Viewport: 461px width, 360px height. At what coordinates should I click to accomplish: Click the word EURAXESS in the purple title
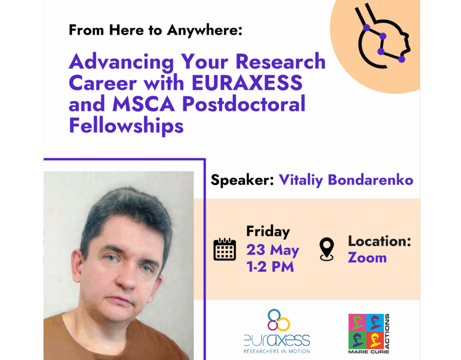coord(247,83)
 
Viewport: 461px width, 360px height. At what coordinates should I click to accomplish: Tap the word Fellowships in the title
coord(126,126)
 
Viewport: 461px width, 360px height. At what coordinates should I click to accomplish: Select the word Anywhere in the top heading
coord(205,31)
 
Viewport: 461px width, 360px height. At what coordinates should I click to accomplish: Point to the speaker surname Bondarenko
coord(370,180)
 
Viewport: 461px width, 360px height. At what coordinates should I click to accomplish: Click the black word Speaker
coord(242,180)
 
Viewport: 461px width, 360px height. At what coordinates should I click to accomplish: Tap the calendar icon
coord(225,249)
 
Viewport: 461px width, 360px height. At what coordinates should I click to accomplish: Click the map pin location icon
coord(327,249)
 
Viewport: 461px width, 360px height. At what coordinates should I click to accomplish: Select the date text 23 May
coord(273,250)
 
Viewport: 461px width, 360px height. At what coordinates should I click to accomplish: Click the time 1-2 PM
coord(270,267)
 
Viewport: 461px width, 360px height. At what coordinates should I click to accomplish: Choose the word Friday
coord(268,231)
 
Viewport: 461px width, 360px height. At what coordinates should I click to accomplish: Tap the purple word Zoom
coord(367,258)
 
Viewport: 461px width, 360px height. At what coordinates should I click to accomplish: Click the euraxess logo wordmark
coord(277,340)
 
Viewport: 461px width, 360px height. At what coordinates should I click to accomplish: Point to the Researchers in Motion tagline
coord(277,351)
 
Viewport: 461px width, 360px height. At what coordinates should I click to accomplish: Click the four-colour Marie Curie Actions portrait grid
coord(366,331)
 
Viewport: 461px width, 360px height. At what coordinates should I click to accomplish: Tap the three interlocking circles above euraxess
coord(279,320)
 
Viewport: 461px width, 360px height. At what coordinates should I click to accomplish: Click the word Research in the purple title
coord(280,62)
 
